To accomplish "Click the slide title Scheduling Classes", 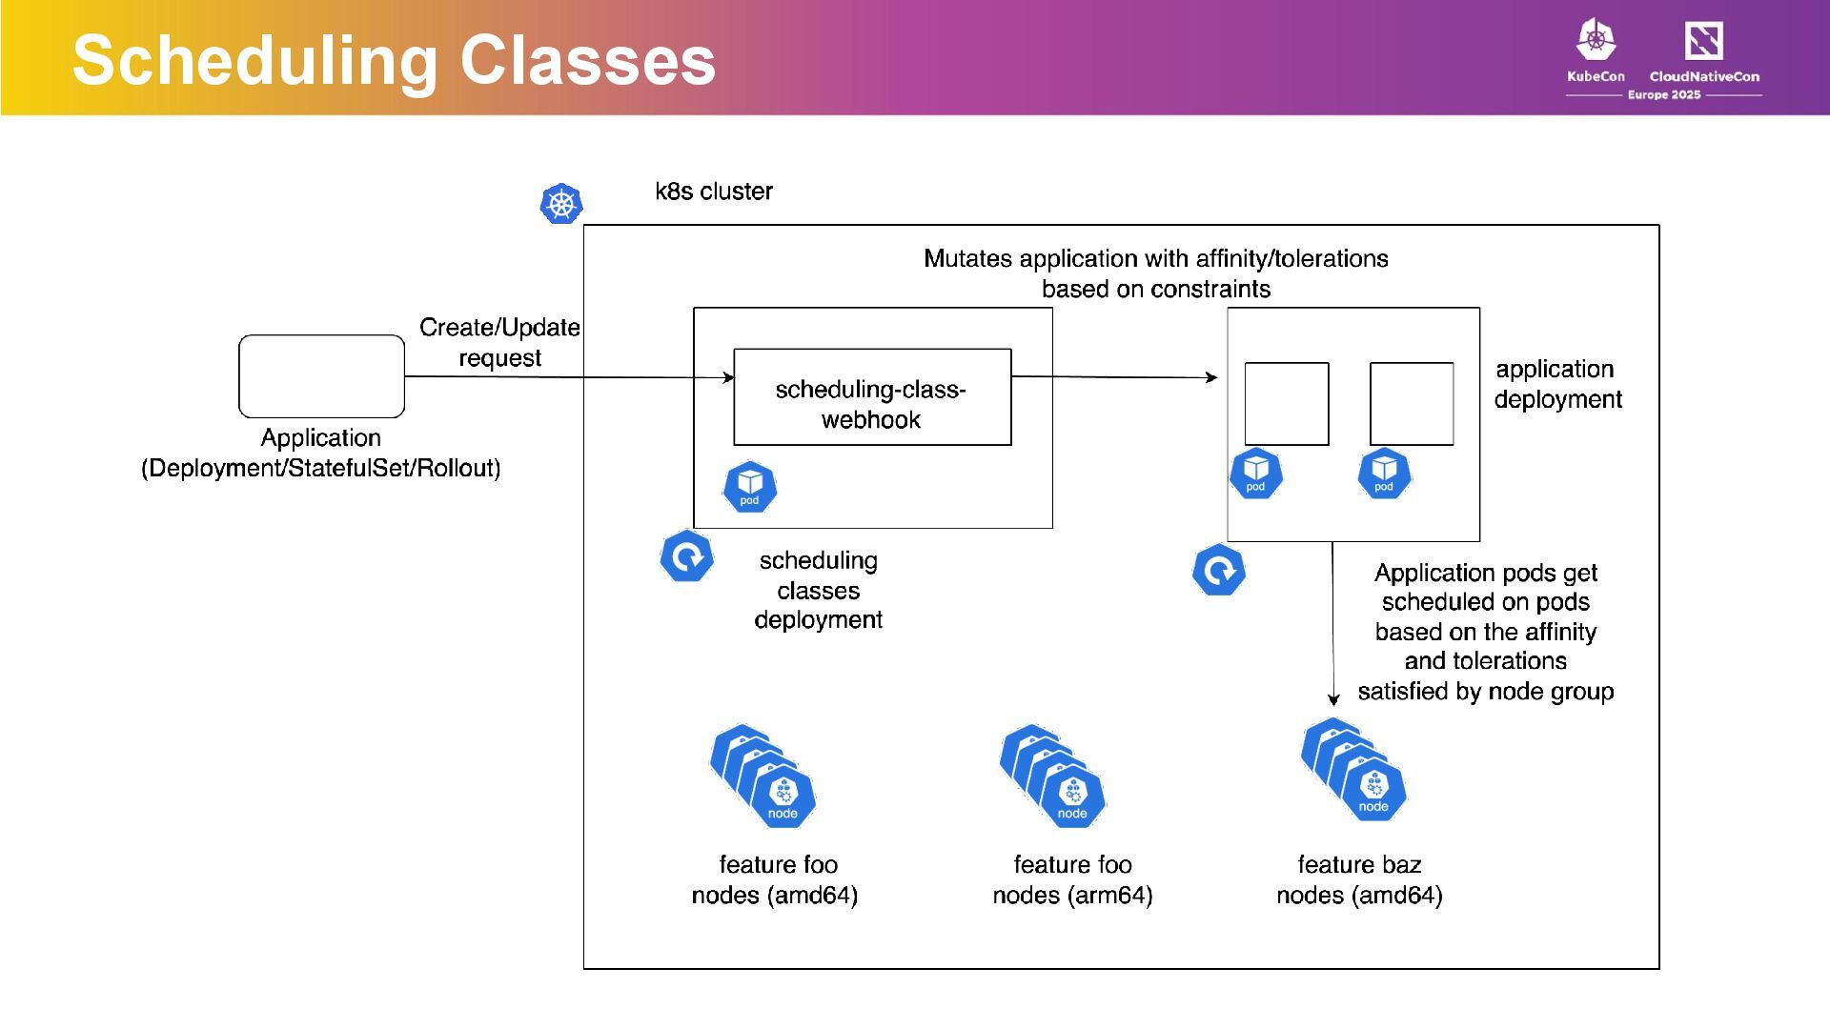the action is point(394,60).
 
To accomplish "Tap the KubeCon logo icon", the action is point(1596,40).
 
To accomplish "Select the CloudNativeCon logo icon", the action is point(1704,40).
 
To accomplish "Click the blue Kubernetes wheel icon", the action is point(561,204).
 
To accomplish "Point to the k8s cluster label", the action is point(714,192).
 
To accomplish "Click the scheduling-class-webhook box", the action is point(872,397).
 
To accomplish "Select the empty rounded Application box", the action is point(321,376).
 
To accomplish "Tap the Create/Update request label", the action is point(499,343).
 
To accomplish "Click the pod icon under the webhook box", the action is point(750,488).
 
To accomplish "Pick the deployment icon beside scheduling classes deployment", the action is point(686,556).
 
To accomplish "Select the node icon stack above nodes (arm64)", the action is point(1053,777).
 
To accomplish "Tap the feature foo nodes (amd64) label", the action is point(775,879).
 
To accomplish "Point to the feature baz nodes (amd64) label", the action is point(1359,879).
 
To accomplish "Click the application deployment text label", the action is point(1557,384).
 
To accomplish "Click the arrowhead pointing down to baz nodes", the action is point(1333,699).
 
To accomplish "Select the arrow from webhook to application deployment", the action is point(1114,377).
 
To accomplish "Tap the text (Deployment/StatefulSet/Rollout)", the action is point(321,469).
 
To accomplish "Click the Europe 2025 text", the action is point(1664,94).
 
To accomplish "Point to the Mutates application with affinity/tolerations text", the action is point(1156,259).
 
